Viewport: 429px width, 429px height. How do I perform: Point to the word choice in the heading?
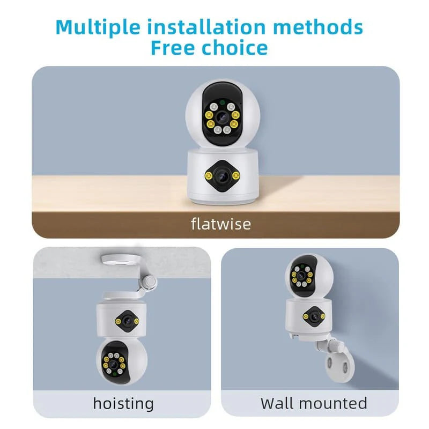click(x=236, y=48)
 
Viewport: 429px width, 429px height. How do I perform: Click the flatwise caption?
click(x=220, y=223)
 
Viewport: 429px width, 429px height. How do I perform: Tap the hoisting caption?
click(x=123, y=403)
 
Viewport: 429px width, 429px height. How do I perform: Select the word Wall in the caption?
click(x=279, y=403)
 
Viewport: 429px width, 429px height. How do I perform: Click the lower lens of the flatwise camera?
click(x=221, y=174)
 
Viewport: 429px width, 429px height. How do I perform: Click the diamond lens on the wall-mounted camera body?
click(x=309, y=316)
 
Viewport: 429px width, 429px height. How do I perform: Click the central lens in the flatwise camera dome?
click(x=221, y=116)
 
